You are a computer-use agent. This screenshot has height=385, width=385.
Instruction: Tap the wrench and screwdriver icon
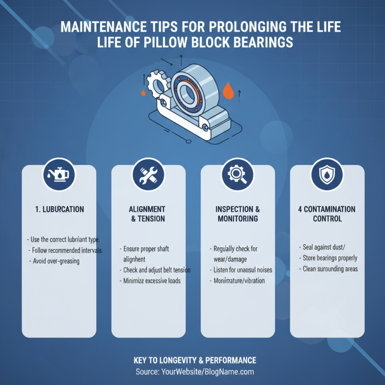pyautogui.click(x=148, y=176)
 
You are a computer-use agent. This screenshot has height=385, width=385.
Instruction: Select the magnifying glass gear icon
pyautogui.click(x=237, y=176)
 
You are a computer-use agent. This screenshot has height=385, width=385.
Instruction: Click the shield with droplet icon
pyautogui.click(x=327, y=176)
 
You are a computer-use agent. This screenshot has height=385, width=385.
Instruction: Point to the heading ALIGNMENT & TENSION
pyautogui.click(x=148, y=214)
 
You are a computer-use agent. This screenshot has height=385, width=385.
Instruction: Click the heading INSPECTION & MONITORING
pyautogui.click(x=237, y=214)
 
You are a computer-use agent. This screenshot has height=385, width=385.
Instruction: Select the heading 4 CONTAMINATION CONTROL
pyautogui.click(x=327, y=214)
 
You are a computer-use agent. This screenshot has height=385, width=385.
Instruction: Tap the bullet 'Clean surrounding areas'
pyautogui.click(x=329, y=269)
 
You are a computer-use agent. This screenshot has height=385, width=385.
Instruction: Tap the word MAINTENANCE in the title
pyautogui.click(x=96, y=27)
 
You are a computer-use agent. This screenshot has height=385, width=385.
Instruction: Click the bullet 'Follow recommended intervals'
pyautogui.click(x=68, y=250)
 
